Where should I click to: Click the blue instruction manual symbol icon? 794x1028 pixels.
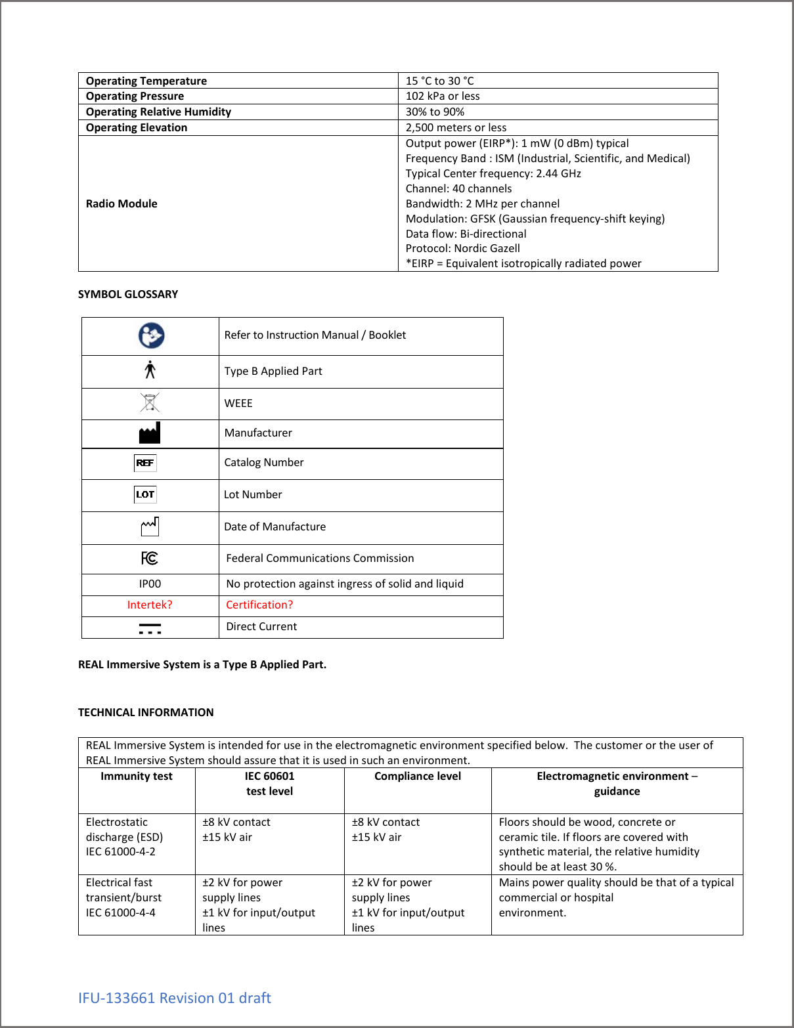pyautogui.click(x=151, y=335)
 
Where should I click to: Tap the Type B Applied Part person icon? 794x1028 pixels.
pyautogui.click(x=150, y=370)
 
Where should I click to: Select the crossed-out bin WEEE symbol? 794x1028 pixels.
pyautogui.click(x=150, y=402)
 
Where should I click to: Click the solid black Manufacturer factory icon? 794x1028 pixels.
pyautogui.click(x=150, y=433)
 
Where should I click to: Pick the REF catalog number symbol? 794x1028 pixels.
pyautogui.click(x=145, y=463)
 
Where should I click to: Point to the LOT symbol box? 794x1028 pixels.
pyautogui.click(x=145, y=494)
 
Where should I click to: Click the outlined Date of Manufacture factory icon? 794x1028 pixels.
pyautogui.click(x=150, y=526)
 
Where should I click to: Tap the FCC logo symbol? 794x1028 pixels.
pyautogui.click(x=150, y=558)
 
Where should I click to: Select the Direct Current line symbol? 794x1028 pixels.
pyautogui.click(x=150, y=628)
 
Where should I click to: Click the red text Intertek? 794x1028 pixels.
pyautogui.click(x=150, y=605)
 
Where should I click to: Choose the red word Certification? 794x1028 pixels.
pyautogui.click(x=259, y=605)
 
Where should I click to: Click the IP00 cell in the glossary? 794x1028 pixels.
pyautogui.click(x=150, y=584)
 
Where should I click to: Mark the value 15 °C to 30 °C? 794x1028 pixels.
pyautogui.click(x=439, y=81)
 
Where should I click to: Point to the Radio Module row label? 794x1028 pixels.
pyautogui.click(x=121, y=203)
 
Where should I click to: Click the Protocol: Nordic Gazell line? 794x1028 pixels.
pyautogui.click(x=462, y=248)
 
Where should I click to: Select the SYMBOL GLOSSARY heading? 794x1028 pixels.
pyautogui.click(x=128, y=294)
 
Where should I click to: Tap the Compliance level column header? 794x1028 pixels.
pyautogui.click(x=418, y=776)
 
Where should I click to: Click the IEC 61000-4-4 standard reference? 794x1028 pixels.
pyautogui.click(x=121, y=912)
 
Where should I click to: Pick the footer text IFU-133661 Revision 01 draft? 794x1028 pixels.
pyautogui.click(x=175, y=998)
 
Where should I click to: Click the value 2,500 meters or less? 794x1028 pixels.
pyautogui.click(x=456, y=127)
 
